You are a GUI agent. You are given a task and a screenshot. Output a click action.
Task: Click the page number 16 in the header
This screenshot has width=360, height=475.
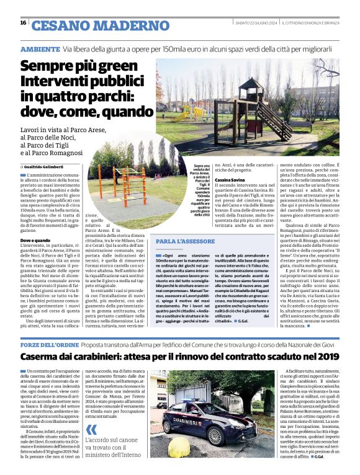tap(23, 22)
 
